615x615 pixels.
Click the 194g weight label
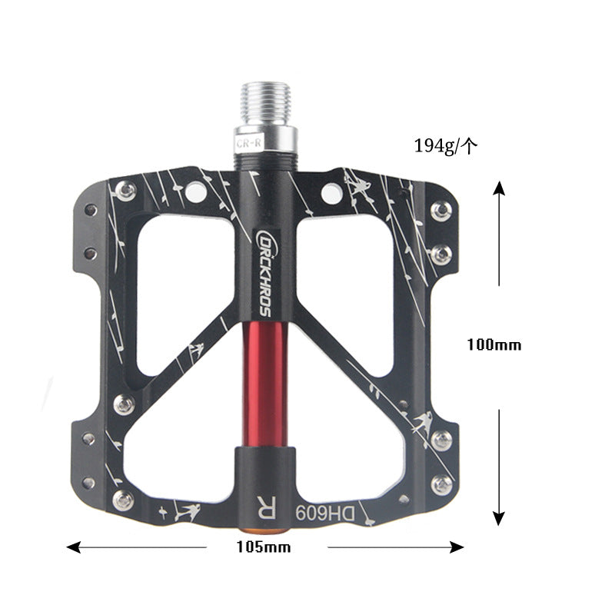(446, 145)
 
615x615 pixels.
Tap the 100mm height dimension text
(494, 345)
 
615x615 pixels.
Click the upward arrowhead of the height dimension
(499, 188)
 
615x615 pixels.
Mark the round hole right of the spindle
(331, 194)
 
